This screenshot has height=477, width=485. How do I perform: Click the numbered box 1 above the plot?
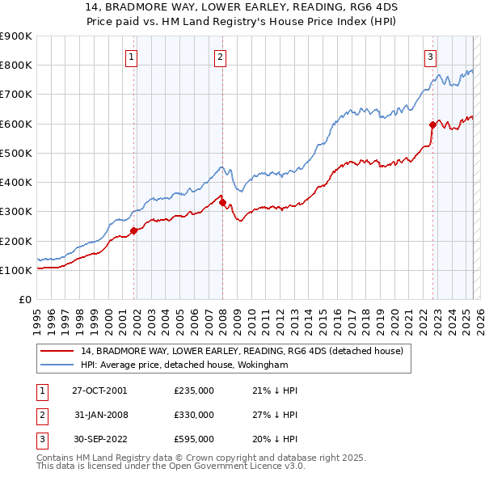tap(131, 57)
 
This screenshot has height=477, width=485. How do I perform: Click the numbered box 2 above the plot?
tap(220, 57)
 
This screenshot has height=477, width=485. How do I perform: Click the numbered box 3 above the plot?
tap(430, 57)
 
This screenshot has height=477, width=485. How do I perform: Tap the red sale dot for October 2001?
tap(134, 230)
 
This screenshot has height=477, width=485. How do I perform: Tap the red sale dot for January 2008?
tap(222, 203)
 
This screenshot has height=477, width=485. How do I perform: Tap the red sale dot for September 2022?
tap(432, 125)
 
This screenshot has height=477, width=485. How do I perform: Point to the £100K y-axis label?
tap(16, 270)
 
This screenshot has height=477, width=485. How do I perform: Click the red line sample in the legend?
tap(57, 352)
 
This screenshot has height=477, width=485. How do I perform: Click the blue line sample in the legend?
tap(57, 365)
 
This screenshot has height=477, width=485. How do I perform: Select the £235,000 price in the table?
tap(193, 390)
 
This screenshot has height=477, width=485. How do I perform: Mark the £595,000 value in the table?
tap(193, 439)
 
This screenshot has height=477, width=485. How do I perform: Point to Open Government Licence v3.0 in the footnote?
tap(240, 466)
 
